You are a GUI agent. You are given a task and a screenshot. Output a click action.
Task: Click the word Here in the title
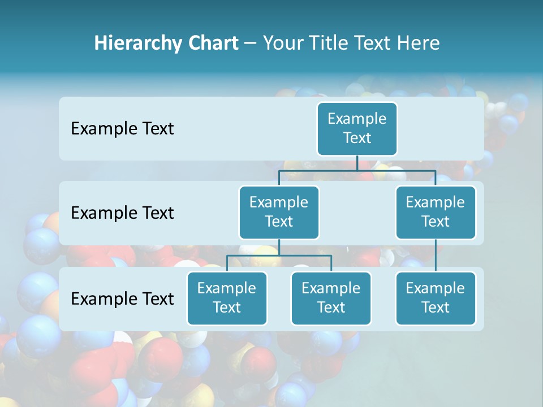417,44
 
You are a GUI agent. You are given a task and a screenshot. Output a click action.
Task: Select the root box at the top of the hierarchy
357,128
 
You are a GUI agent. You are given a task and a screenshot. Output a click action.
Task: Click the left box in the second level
279,212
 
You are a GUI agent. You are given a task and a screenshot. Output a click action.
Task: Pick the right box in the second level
436,212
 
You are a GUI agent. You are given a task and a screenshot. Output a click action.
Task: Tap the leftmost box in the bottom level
227,298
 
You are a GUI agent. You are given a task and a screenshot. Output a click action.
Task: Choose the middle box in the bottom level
331,298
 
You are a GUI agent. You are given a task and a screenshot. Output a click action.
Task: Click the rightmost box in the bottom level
436,298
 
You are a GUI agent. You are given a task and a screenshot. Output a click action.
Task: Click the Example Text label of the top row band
122,129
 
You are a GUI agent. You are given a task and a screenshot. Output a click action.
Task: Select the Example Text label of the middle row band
122,213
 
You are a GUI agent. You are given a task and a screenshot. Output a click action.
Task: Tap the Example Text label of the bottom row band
122,298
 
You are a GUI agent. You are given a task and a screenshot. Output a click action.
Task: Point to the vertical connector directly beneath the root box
357,163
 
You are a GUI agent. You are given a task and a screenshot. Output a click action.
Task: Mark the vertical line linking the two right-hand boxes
436,255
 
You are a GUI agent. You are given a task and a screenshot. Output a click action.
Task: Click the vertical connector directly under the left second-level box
279,247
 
